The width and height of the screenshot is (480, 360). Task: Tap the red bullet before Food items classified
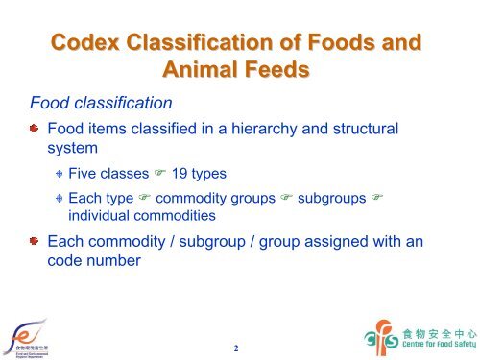click(34, 129)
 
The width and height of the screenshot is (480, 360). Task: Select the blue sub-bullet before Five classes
click(59, 174)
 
